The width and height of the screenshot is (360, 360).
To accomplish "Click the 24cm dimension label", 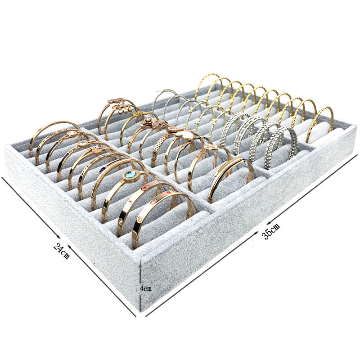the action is click(x=62, y=251).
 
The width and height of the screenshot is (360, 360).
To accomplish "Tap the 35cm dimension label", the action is click(x=271, y=231).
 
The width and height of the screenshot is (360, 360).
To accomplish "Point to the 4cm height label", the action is click(x=146, y=288).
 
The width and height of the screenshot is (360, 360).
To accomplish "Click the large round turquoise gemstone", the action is click(x=130, y=175).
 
